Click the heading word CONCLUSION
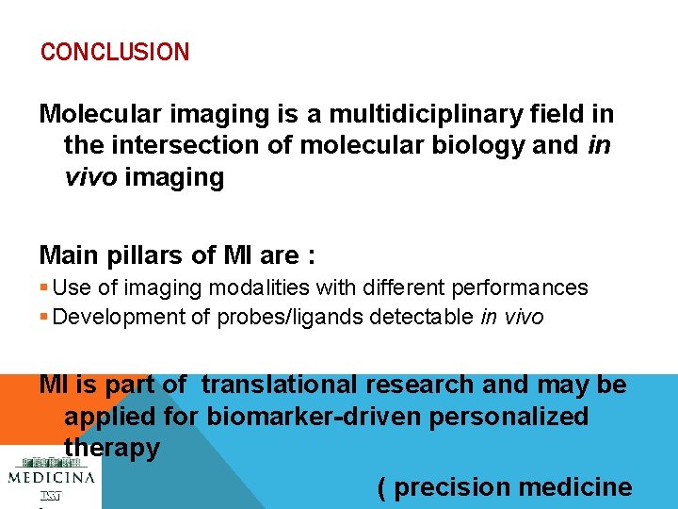click(114, 52)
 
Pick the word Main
click(69, 255)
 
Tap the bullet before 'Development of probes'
click(44, 318)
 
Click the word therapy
click(111, 449)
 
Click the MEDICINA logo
click(51, 476)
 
